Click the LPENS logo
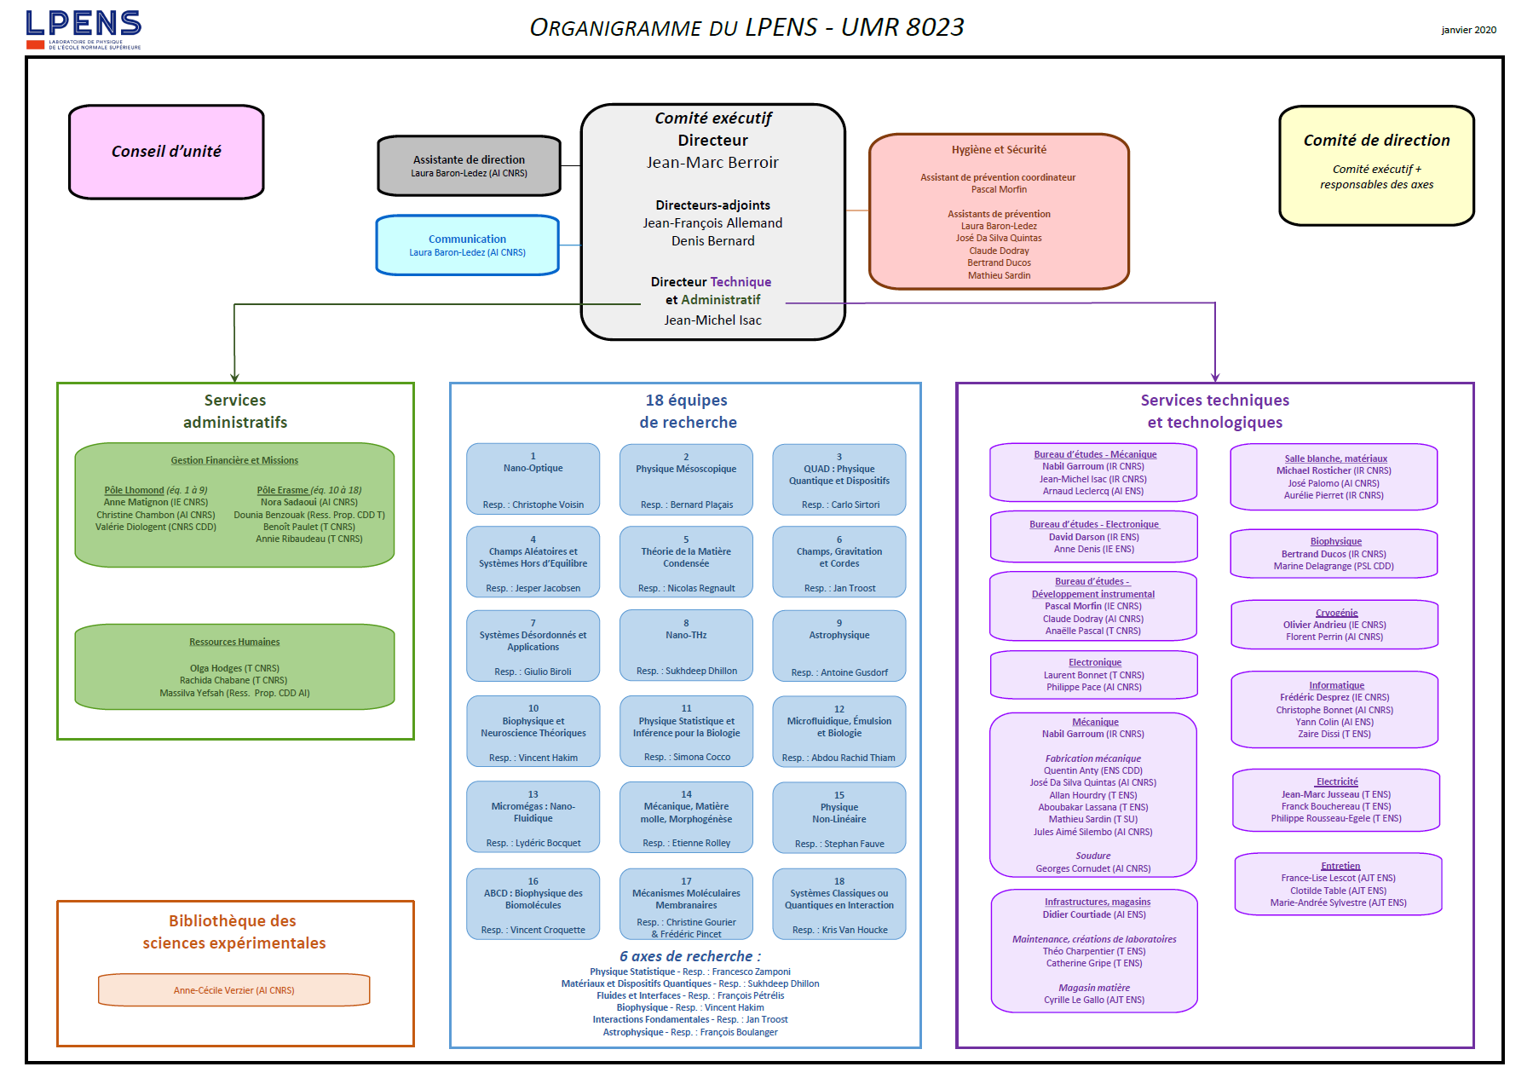[x=84, y=30]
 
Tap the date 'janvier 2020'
[x=1468, y=30]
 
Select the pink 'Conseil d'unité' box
[x=166, y=152]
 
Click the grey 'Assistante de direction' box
[x=469, y=165]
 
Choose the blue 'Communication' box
[x=467, y=245]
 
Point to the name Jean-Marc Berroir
[x=712, y=163]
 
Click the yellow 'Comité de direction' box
[x=1376, y=165]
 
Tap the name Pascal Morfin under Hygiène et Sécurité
[x=999, y=189]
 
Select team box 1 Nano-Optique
[x=533, y=479]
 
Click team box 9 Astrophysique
[x=839, y=645]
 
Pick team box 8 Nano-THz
[x=686, y=645]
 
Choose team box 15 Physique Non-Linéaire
[x=839, y=817]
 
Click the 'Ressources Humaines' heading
[x=234, y=642]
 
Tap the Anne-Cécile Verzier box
[x=234, y=990]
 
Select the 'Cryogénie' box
[x=1334, y=625]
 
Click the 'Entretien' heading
[x=1340, y=866]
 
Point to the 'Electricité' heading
[x=1337, y=781]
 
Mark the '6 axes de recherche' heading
[x=690, y=956]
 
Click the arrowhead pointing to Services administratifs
[x=234, y=377]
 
